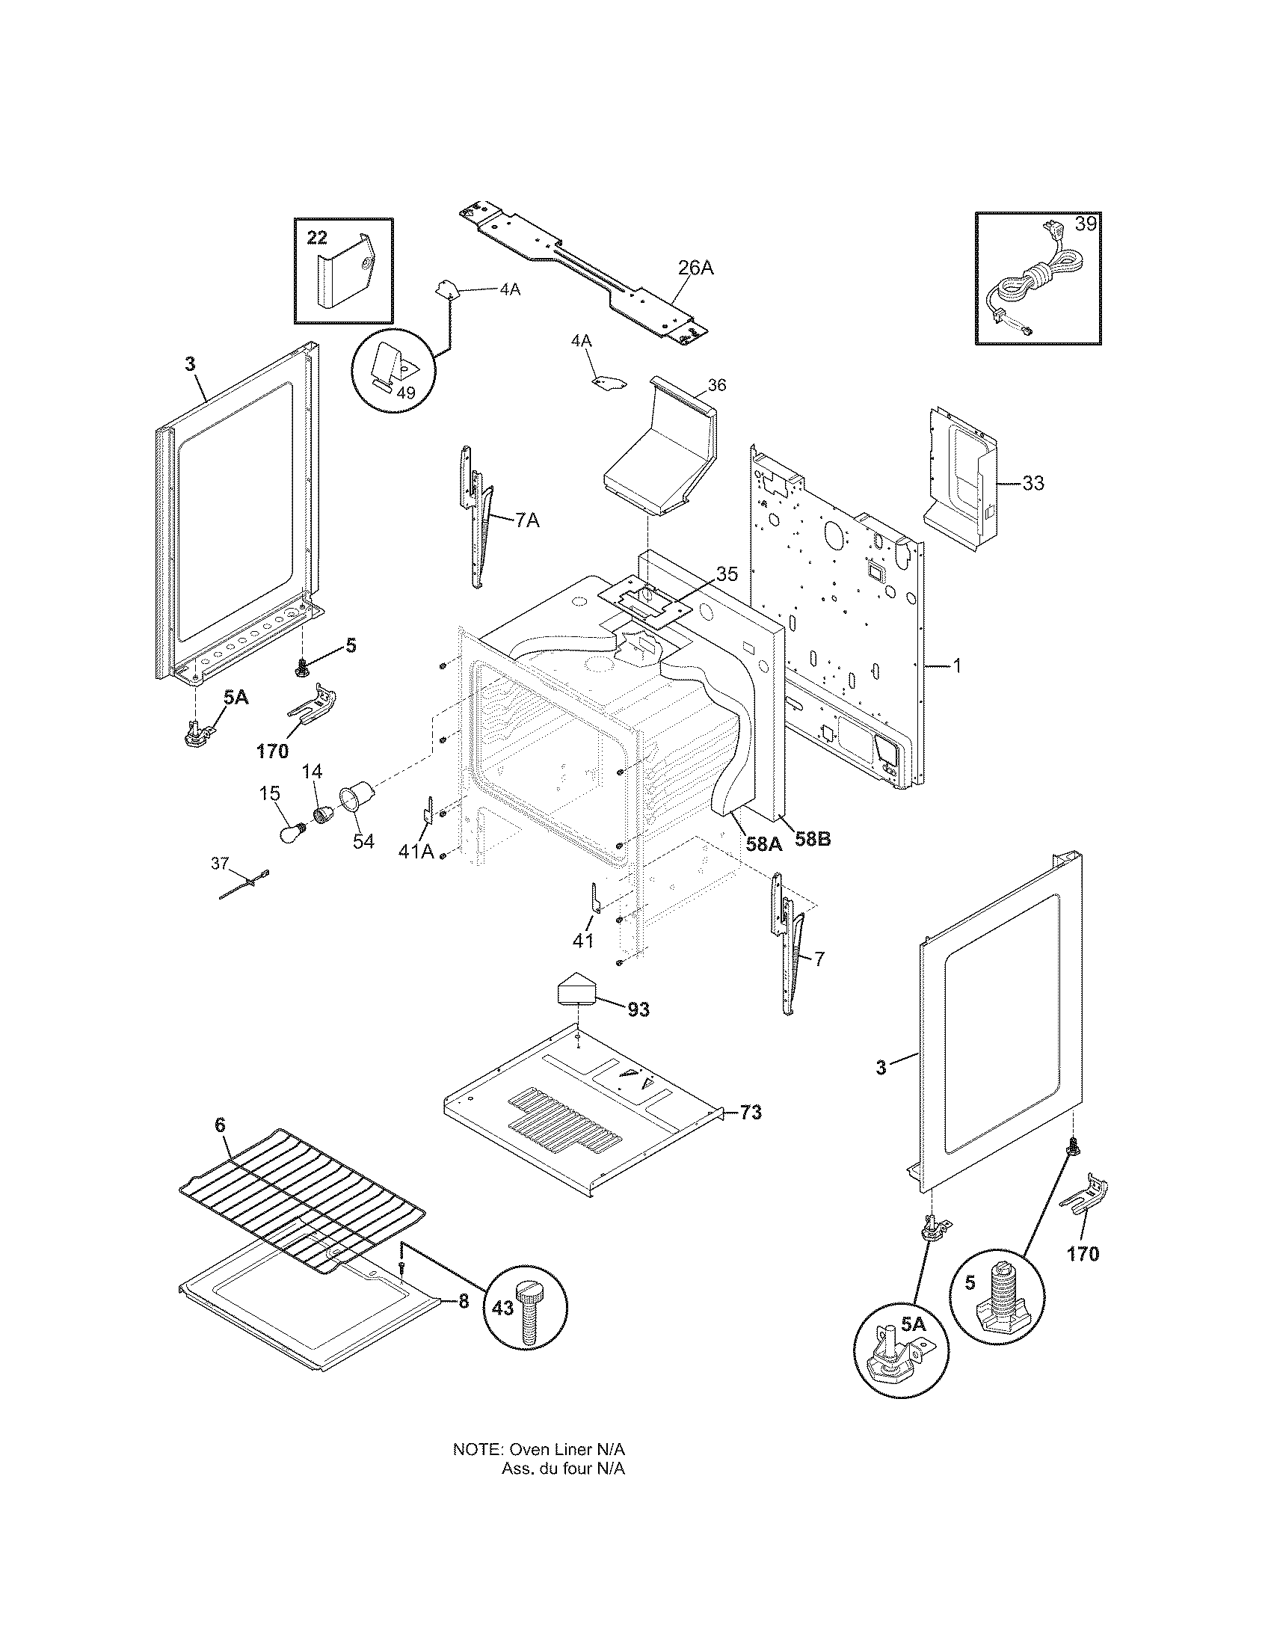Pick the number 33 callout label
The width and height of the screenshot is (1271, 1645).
1033,483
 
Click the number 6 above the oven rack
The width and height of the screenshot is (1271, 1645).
219,1146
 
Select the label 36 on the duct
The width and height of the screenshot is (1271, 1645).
717,385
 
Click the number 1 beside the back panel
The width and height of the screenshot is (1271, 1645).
957,665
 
